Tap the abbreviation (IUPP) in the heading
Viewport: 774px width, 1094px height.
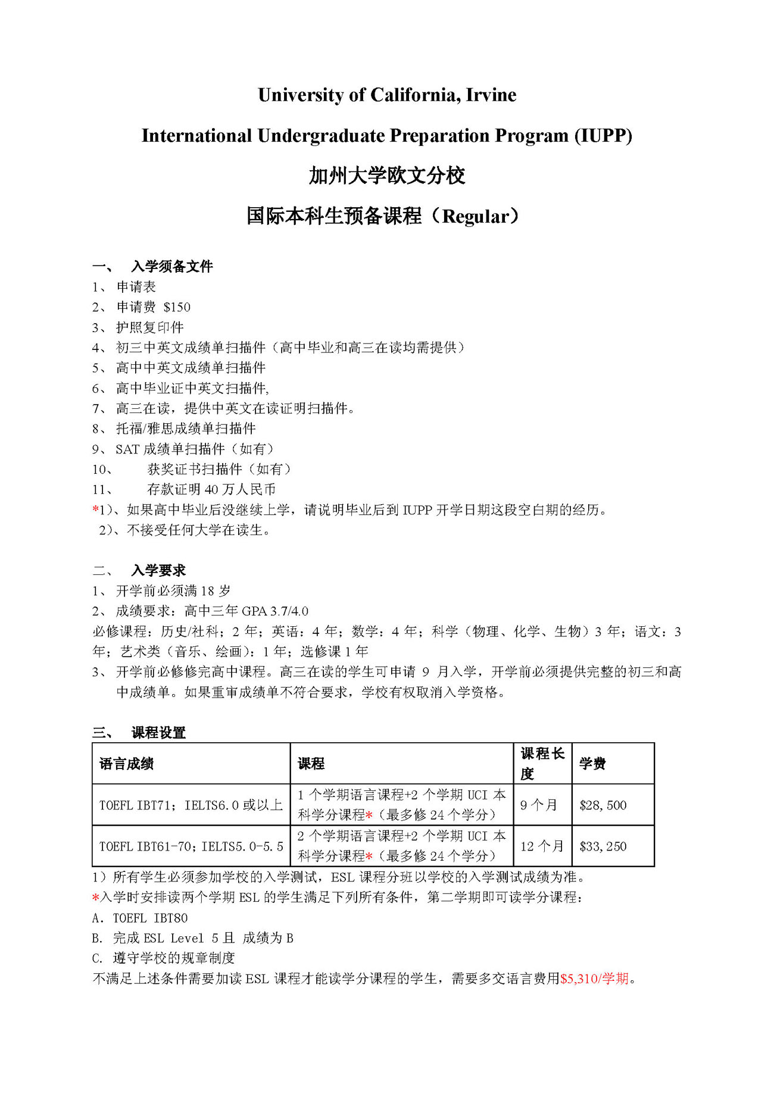click(603, 136)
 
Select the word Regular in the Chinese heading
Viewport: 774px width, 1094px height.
click(476, 217)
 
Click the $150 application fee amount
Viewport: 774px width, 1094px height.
click(177, 307)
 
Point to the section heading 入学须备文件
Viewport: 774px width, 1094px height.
click(172, 267)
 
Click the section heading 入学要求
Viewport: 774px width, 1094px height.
click(158, 571)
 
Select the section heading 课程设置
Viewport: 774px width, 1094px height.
click(158, 733)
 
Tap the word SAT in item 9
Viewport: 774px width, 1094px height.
click(127, 449)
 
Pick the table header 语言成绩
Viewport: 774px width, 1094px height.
click(126, 764)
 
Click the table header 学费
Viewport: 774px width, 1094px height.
click(592, 764)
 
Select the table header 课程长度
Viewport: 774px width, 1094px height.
click(542, 764)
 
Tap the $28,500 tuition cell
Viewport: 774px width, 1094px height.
click(603, 805)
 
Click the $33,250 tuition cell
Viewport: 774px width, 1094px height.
click(603, 846)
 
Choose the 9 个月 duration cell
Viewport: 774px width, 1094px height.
click(538, 805)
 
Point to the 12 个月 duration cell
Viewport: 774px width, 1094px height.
click(541, 846)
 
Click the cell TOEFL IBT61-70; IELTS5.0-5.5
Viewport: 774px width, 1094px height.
click(191, 846)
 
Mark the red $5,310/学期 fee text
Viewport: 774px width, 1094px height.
click(594, 979)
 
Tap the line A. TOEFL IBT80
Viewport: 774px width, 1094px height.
click(140, 918)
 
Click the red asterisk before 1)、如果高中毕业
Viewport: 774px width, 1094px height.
click(95, 510)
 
